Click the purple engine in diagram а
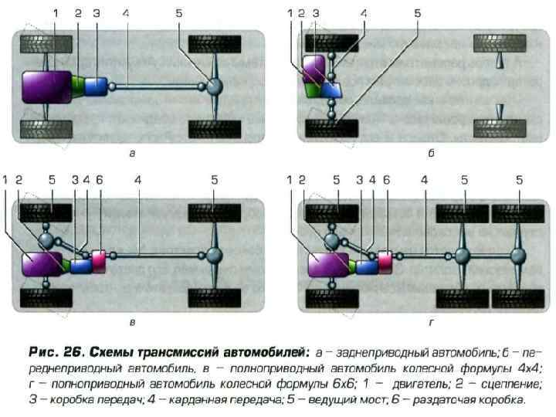tap(47, 86)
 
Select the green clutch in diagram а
tap(78, 84)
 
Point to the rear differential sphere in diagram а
tap(213, 86)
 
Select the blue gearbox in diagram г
tap(366, 266)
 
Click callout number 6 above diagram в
tap(99, 179)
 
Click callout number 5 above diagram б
tap(418, 13)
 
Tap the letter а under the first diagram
tap(133, 153)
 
